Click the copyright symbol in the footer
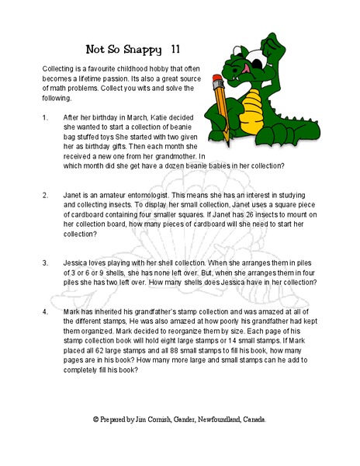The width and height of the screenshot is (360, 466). (95, 419)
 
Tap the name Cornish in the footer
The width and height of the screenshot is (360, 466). (159, 419)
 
